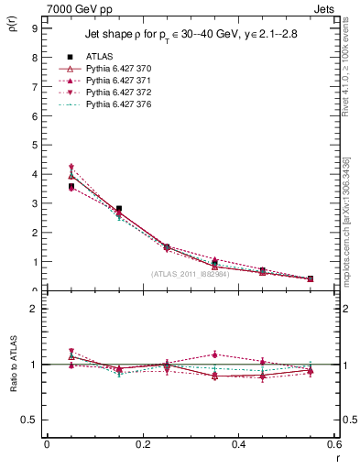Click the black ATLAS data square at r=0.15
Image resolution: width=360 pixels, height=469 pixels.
[x=119, y=209]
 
